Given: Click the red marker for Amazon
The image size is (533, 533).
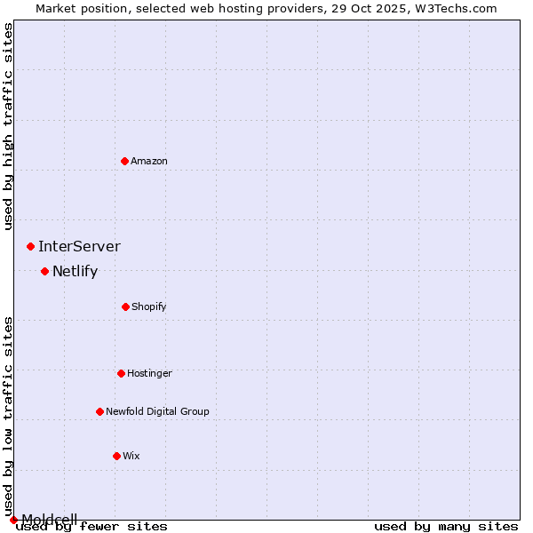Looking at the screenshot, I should [x=124, y=161].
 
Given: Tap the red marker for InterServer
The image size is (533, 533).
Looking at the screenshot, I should [x=30, y=246].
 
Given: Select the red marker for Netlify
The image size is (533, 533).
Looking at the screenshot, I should [x=44, y=271].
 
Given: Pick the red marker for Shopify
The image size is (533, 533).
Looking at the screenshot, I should [x=125, y=306].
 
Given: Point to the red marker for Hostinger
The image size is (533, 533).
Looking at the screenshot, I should [x=121, y=373].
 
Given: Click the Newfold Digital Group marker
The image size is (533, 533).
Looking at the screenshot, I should [x=99, y=411].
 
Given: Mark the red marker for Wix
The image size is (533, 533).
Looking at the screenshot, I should [x=116, y=456].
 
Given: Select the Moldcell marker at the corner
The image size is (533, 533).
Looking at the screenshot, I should [x=13, y=520].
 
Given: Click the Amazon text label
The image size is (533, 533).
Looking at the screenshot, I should [x=149, y=161].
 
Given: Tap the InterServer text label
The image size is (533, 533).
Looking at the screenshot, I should [x=79, y=246].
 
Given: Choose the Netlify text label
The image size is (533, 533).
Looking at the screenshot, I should [x=75, y=271].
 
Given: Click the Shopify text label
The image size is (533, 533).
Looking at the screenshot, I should [x=149, y=306].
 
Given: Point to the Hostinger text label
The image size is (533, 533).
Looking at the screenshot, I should [x=149, y=373].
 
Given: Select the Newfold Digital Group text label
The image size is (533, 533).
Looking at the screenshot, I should [x=157, y=411].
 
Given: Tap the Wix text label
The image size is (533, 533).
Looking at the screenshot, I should [x=131, y=456].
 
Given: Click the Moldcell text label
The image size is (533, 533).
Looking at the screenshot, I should [x=50, y=519].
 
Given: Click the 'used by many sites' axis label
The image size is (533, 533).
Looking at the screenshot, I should [x=446, y=527].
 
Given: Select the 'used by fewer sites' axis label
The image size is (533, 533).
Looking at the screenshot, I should [x=92, y=527].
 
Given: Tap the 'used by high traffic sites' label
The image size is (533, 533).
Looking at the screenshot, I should [x=9, y=126].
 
